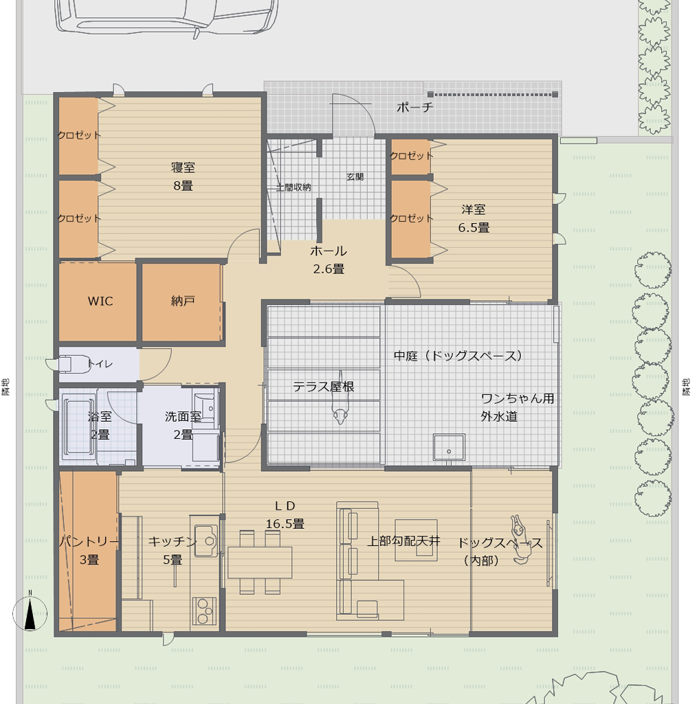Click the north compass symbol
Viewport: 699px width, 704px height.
point(30,613)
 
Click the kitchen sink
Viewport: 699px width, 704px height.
point(206,541)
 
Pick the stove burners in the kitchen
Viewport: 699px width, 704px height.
point(203,611)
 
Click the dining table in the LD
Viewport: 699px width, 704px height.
point(260,562)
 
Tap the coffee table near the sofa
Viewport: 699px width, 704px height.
point(416,540)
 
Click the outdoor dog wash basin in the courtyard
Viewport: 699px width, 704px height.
point(449,447)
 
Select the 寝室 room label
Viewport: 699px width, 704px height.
point(183,168)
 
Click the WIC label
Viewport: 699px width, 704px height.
point(100,301)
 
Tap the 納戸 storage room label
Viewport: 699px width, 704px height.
point(183,301)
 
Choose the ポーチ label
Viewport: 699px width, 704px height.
point(414,107)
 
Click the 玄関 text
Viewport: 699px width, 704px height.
point(355,177)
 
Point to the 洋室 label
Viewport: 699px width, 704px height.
point(474,209)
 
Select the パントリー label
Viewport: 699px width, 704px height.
point(89,541)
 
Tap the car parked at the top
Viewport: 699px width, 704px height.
point(166,16)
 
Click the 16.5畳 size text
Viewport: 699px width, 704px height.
point(285,524)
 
